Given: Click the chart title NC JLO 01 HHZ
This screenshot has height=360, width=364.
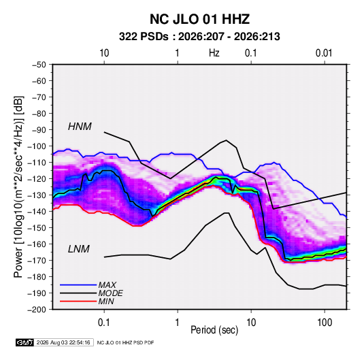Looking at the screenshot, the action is click(x=199, y=19).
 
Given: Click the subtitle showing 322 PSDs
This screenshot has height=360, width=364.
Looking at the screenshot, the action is click(x=199, y=37).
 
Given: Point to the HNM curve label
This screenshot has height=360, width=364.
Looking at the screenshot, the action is click(x=80, y=127).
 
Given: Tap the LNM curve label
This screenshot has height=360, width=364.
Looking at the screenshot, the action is click(x=78, y=249).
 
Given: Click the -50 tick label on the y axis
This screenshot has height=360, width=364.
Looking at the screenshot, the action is click(x=39, y=65).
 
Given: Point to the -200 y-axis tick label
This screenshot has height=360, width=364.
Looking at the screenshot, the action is click(x=37, y=310).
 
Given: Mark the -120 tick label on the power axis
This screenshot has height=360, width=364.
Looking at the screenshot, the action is click(x=37, y=179).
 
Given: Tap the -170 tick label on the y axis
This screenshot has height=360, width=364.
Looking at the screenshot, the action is click(x=37, y=261).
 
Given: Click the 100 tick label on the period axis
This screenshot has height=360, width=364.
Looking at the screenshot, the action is click(x=325, y=323).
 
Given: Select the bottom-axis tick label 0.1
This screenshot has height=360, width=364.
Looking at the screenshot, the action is click(x=104, y=323).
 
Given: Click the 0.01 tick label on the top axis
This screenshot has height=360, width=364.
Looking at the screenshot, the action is click(x=324, y=53).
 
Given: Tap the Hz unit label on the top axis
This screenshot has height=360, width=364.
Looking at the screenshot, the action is click(x=214, y=53).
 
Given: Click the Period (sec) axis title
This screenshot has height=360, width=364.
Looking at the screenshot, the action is click(x=214, y=330).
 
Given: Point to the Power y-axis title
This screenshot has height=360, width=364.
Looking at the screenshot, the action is click(x=18, y=187).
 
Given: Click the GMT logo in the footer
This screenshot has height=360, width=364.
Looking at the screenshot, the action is click(x=24, y=342).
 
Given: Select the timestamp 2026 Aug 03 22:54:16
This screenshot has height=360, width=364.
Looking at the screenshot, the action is click(x=63, y=342).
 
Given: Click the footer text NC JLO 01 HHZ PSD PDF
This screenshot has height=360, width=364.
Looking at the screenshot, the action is click(x=125, y=342).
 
